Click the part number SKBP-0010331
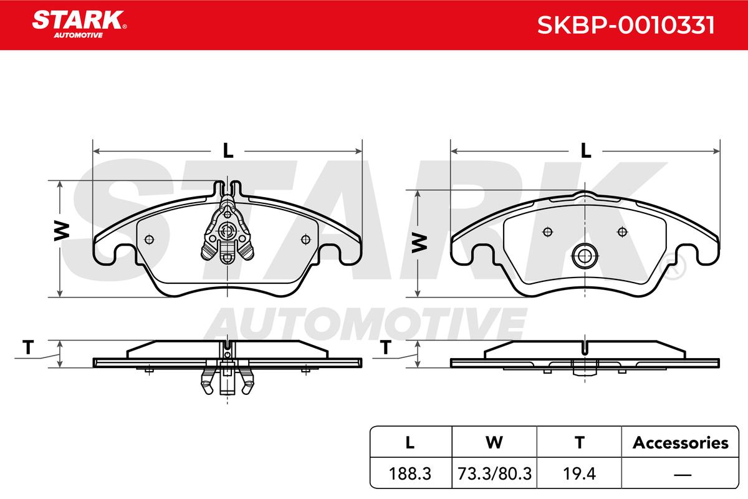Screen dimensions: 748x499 coord(626,25)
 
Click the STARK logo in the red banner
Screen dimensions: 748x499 coord(79,24)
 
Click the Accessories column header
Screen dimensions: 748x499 coord(681,443)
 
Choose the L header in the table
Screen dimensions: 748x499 coord(410,443)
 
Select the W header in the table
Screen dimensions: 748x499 coord(494,443)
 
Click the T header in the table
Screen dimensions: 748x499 coord(579,443)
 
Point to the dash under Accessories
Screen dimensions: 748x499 coord(683,475)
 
